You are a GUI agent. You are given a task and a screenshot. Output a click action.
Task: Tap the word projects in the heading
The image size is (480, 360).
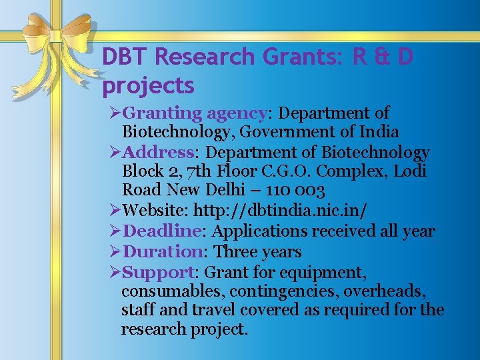148,86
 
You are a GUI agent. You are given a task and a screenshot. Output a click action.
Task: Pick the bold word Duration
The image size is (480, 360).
164,252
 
